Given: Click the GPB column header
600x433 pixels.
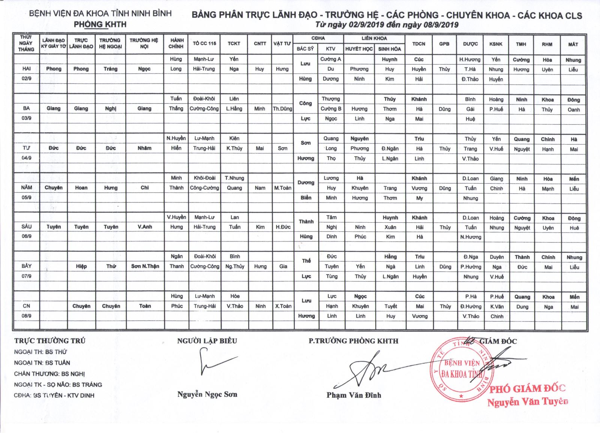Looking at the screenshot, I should coord(444,44).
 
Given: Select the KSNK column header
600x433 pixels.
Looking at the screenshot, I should coord(496,44).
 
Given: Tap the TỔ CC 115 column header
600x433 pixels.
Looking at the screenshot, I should coord(204,44).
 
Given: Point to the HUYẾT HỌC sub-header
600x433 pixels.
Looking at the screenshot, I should coord(359,49).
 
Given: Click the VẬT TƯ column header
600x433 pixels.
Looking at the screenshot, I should coord(282,44).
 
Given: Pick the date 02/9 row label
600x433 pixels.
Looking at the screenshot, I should coord(26,78).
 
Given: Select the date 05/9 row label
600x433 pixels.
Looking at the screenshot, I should coord(26,197).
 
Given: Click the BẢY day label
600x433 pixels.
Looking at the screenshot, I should coord(26,266).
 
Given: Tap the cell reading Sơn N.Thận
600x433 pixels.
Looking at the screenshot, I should coord(145,266).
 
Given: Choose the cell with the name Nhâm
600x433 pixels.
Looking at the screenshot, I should coord(144,148).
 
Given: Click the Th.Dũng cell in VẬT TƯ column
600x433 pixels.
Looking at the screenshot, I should coord(282,109).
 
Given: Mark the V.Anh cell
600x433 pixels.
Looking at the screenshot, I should coord(144,227).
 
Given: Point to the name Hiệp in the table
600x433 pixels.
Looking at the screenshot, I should coord(81,266).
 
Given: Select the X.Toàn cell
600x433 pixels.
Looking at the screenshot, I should coord(283,306).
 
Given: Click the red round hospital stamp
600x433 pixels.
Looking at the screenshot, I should coord(460,370).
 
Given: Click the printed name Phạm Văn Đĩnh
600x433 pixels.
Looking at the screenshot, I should coord(354,395).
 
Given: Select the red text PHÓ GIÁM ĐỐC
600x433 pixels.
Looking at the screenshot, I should coord(527,389).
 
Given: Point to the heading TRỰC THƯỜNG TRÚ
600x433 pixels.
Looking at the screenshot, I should coord(50,341).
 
